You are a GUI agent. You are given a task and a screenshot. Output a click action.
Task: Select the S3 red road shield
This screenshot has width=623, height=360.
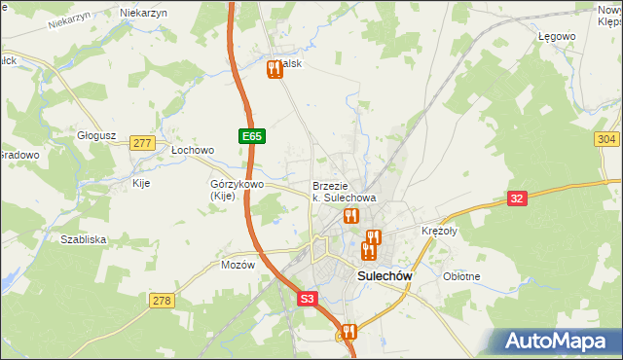pyautogui.click(x=308, y=300)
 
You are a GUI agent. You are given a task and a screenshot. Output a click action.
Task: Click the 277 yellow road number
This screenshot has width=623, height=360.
pyautogui.click(x=142, y=143)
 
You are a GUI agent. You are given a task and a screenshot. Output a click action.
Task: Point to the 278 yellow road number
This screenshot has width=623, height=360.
pyautogui.click(x=162, y=301)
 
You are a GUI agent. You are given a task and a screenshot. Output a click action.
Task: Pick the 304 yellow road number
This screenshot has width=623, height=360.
pyautogui.click(x=605, y=139)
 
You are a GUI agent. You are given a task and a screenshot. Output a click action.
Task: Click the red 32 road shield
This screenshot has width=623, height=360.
pyautogui.click(x=518, y=198)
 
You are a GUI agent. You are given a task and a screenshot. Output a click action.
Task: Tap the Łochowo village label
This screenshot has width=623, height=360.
pyautogui.click(x=192, y=151)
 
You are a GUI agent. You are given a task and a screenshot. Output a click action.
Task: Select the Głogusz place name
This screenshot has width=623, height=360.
pyautogui.click(x=96, y=136)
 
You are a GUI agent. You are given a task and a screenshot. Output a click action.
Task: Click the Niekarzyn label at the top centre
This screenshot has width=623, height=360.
pyautogui.click(x=143, y=13)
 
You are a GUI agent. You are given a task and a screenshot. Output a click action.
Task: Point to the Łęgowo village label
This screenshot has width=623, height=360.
pyautogui.click(x=557, y=36)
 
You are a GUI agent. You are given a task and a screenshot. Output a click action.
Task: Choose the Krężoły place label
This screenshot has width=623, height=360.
pyautogui.click(x=439, y=232)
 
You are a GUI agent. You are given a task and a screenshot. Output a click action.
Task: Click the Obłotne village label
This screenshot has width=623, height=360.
pyautogui.click(x=461, y=276)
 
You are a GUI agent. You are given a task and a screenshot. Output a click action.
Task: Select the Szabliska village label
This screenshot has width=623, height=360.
pyautogui.click(x=83, y=238)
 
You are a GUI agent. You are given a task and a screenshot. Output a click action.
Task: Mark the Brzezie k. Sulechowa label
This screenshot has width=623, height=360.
pyautogui.click(x=344, y=192)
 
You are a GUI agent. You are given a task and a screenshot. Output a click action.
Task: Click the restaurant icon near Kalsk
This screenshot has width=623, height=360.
pyautogui.click(x=274, y=68)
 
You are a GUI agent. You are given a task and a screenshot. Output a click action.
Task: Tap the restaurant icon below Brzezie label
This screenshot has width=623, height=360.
pyautogui.click(x=350, y=216)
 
